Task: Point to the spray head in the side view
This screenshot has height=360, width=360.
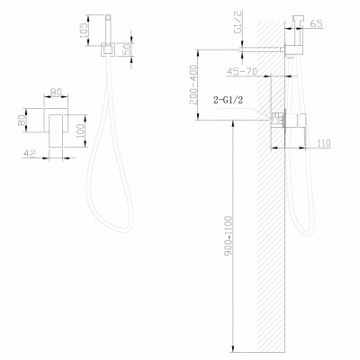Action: tap(294, 31)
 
